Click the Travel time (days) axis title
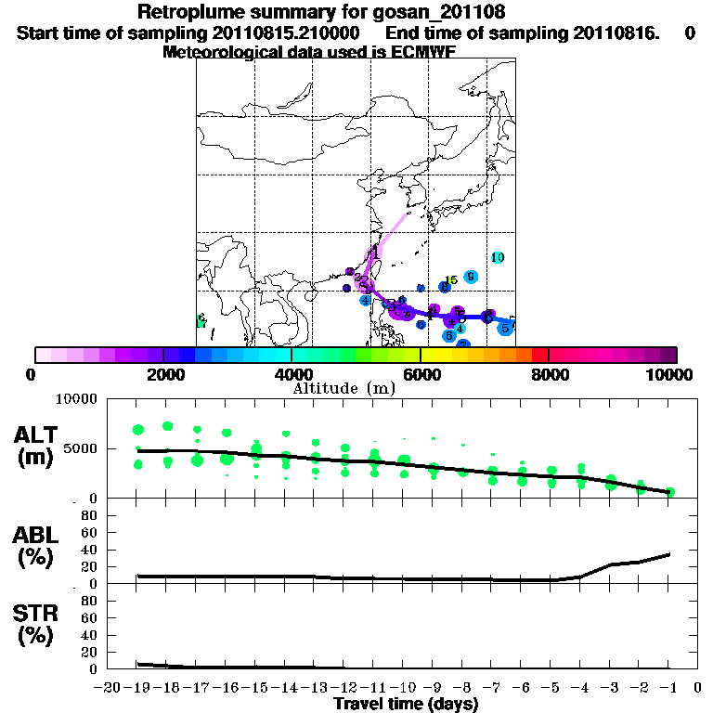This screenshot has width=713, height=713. tap(406, 705)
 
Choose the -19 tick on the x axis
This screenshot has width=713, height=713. tap(137, 688)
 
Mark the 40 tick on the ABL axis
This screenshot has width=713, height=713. tap(89, 550)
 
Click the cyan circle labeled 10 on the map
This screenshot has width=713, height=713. tap(498, 257)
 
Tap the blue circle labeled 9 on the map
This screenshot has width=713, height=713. tap(471, 277)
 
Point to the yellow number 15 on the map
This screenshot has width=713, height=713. tap(450, 280)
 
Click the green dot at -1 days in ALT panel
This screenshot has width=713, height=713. tap(669, 492)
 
